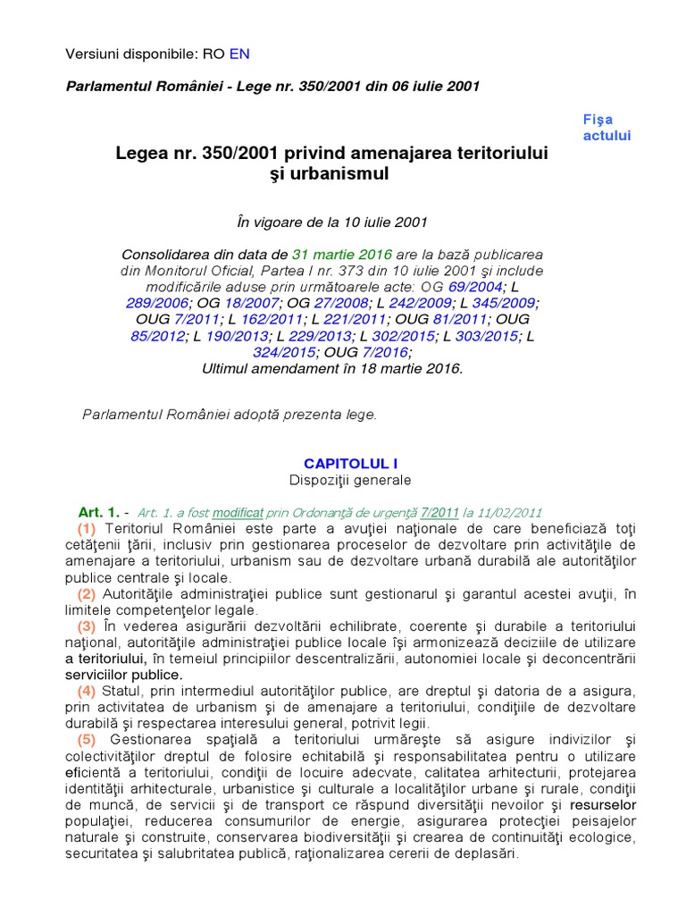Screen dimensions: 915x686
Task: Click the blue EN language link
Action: pyautogui.click(x=239, y=54)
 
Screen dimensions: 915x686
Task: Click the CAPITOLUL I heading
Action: pyautogui.click(x=350, y=463)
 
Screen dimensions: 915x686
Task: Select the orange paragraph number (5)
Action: pyautogui.click(x=87, y=739)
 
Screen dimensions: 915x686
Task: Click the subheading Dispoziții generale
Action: pyautogui.click(x=350, y=480)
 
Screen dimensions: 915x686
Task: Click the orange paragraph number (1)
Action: pyautogui.click(x=87, y=528)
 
